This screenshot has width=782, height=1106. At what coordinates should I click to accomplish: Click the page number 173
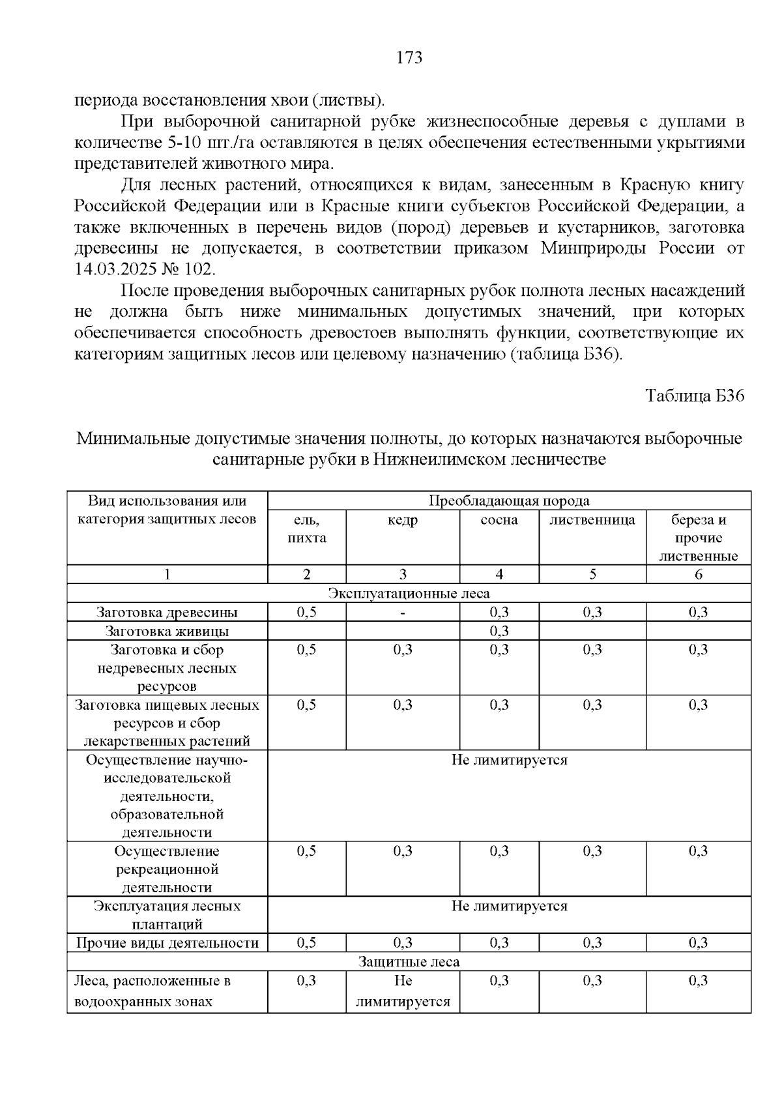409,58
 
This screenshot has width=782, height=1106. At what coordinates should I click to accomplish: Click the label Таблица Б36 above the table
695,396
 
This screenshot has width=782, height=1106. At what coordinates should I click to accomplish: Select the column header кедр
403,520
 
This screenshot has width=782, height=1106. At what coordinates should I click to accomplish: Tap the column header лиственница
592,520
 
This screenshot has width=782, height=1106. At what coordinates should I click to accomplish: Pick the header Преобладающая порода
509,501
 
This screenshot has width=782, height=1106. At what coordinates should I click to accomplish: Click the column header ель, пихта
306,529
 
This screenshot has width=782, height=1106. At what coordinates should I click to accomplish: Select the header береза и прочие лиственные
698,538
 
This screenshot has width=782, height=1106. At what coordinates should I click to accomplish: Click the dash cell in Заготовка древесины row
403,613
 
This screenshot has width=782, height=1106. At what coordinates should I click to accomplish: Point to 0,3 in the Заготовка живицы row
499,631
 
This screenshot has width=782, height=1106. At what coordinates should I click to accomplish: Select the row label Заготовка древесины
167,613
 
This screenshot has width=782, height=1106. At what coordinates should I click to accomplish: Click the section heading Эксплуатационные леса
409,594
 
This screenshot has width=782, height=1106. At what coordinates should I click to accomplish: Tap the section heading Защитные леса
409,962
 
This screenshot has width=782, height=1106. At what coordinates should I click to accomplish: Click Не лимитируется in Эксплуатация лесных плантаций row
509,907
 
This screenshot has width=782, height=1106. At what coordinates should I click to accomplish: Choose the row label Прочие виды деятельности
167,943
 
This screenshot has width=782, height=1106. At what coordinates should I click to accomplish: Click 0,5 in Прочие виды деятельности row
306,943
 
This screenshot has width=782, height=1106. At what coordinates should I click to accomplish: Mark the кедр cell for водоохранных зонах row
403,991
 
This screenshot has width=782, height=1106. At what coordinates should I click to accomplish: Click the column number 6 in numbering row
698,575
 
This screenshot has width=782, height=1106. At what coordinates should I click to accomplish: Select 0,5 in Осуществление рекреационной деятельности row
306,851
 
